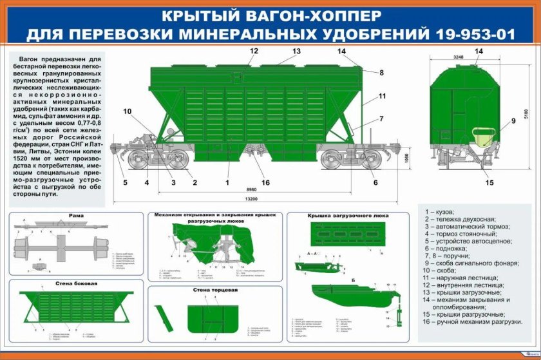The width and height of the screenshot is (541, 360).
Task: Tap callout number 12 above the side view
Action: [x=254, y=51]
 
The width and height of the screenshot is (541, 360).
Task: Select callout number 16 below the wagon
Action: [x=265, y=182]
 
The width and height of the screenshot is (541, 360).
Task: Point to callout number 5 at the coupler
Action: [x=126, y=182]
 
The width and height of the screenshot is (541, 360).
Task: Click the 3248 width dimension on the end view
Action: [x=458, y=57]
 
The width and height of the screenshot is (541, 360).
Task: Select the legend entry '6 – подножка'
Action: [x=453, y=248]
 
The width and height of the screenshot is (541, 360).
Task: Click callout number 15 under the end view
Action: [x=489, y=182]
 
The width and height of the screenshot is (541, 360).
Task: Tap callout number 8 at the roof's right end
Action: [x=381, y=73]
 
